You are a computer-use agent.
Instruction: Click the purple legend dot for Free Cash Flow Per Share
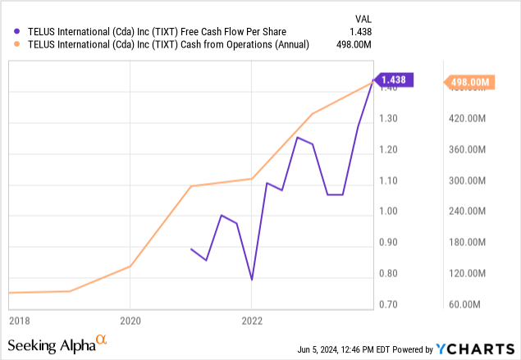(11, 31)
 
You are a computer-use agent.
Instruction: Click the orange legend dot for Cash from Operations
(11, 44)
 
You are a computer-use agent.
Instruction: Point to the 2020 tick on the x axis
(130, 320)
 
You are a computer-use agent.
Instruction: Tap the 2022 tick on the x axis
(252, 320)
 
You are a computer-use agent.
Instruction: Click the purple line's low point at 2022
(252, 280)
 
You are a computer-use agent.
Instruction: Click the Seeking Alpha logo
(57, 344)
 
